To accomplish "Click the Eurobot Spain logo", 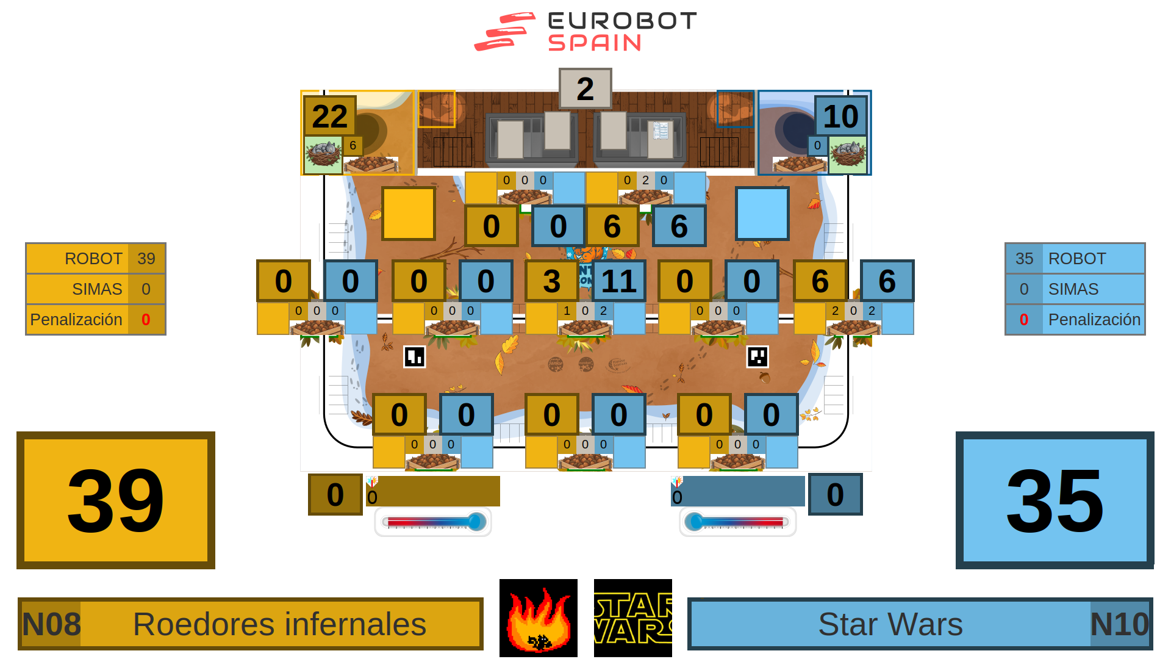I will point(585,32).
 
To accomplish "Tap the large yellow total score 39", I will point(116,500).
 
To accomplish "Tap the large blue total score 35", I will point(1055,500).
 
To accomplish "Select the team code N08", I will point(51,624).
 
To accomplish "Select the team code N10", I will point(1119,624).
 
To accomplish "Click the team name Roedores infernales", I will point(279,624).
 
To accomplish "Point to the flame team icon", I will point(538,618).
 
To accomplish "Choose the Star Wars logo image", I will point(632,618).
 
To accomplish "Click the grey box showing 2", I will point(585,89).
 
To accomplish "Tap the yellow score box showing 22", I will point(329,116).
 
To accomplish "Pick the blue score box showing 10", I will point(840,116).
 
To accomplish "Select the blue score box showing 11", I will point(618,281).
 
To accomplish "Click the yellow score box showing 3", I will point(551,281).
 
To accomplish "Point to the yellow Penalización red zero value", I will point(146,319).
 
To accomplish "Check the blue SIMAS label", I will point(1073,289).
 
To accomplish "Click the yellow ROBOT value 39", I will point(146,259).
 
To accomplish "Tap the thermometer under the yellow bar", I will point(433,522).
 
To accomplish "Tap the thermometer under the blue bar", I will point(737,522).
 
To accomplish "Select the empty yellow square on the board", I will point(409,214).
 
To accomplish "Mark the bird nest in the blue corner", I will point(848,154).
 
